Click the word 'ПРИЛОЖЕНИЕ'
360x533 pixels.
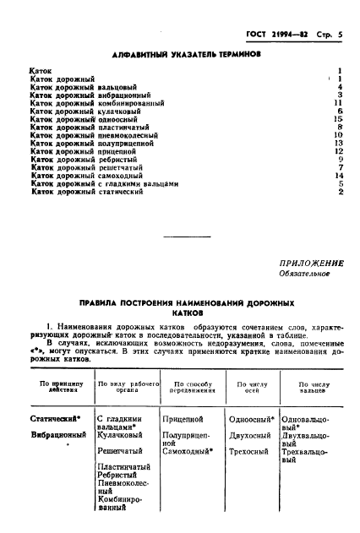[308, 263]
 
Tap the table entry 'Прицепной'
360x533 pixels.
[181, 418]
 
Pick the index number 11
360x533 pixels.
[336, 102]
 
